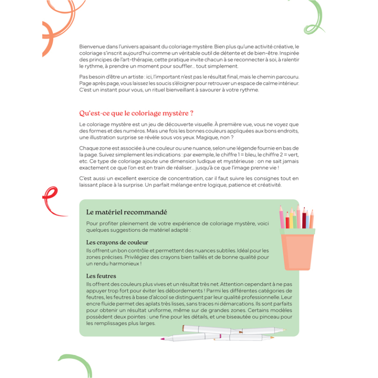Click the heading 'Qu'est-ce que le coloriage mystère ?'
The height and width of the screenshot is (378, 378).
(137, 113)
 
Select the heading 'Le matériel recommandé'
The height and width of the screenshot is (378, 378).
(127, 212)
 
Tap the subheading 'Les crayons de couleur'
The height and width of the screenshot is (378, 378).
(117, 242)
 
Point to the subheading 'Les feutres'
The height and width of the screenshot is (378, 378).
(101, 275)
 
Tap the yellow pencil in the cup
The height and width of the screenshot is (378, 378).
(294, 221)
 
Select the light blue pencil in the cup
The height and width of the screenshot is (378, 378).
(308, 221)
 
